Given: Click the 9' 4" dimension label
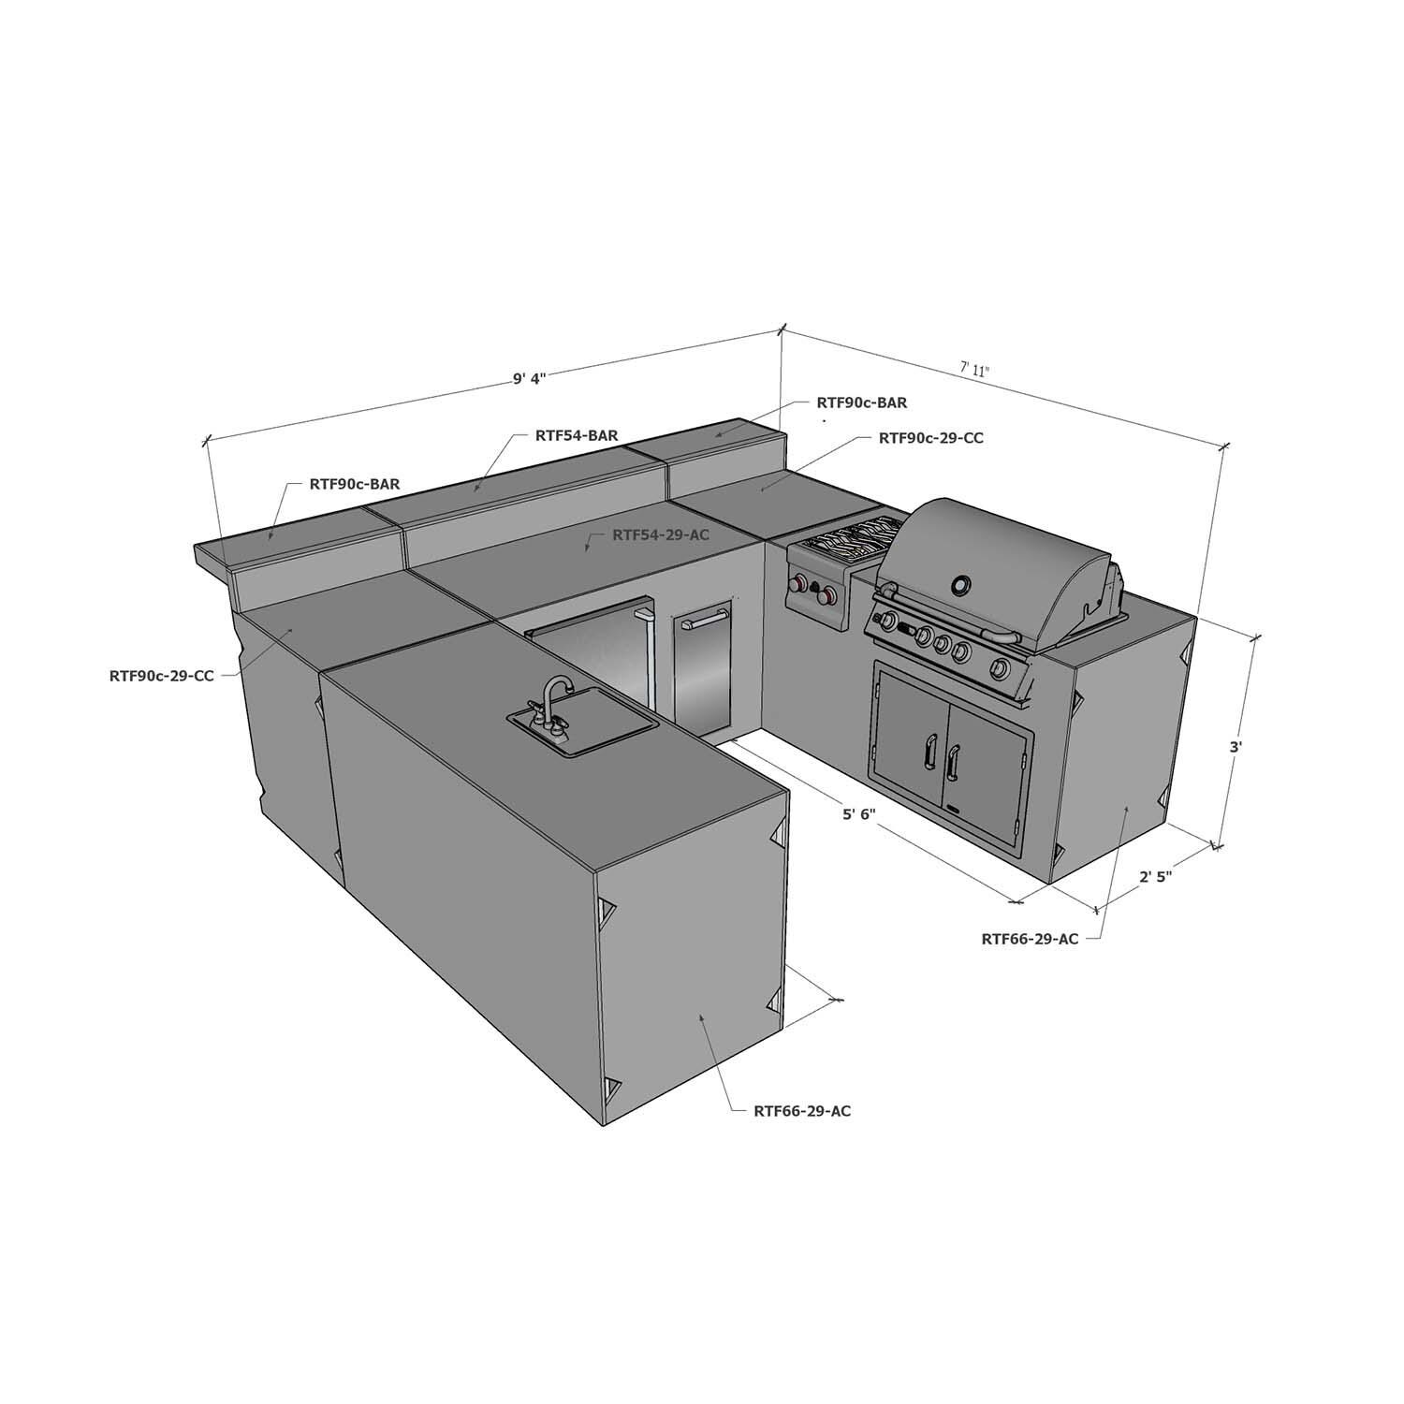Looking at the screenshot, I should tap(529, 378).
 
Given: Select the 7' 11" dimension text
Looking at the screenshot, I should tap(974, 369).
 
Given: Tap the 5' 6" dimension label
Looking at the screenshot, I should tap(857, 814).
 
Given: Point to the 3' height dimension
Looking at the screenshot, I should tap(1236, 747).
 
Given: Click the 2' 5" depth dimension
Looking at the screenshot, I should tap(1156, 877).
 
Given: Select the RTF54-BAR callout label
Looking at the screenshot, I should tap(576, 435).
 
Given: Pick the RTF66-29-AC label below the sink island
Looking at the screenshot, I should tap(802, 1111).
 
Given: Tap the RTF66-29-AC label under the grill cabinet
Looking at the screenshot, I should tap(1030, 939).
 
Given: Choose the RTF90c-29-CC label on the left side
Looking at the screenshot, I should tap(162, 675).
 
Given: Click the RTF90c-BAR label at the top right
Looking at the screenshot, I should tap(861, 402).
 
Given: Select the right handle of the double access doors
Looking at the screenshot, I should tap(955, 757).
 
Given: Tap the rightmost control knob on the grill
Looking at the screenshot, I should tap(1002, 668).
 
